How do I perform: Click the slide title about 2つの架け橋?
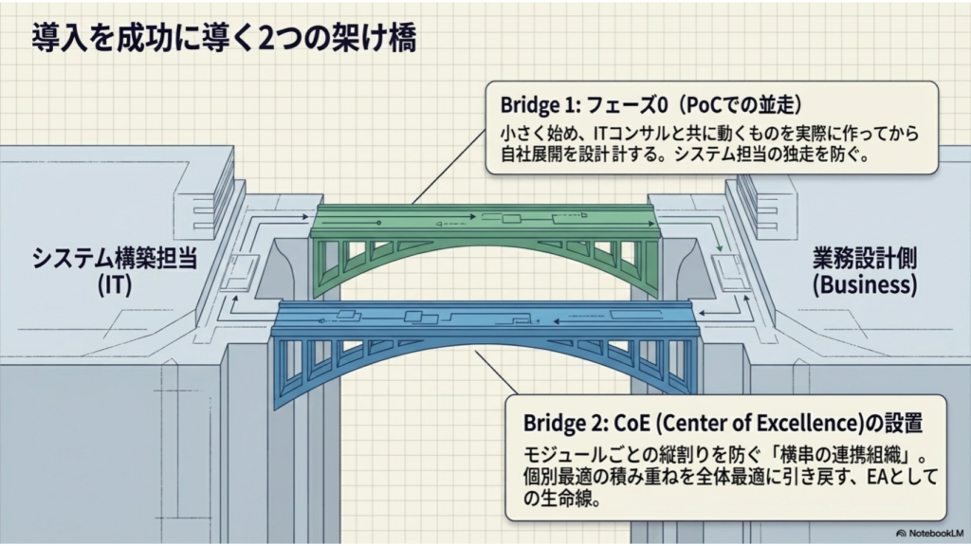pos(224,38)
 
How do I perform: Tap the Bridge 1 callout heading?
pos(650,105)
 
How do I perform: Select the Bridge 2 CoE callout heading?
pos(723,423)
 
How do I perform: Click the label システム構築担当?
pos(115,258)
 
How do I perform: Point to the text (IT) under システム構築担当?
pos(115,285)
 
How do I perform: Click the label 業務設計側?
pos(865,259)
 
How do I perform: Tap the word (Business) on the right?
pos(865,284)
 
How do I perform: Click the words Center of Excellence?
pos(759,423)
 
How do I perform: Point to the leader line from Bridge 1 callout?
pos(449,167)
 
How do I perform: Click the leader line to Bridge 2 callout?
pos(496,373)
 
